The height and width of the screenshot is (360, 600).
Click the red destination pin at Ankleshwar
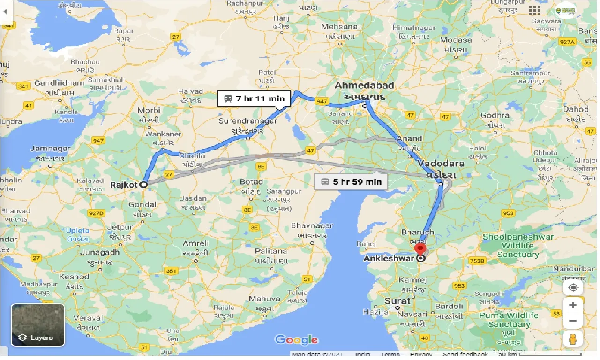tap(420, 248)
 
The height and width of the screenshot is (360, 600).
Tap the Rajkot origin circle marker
tap(143, 185)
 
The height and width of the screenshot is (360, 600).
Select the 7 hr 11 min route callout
tap(255, 99)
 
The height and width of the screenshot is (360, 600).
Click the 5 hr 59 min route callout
tap(351, 182)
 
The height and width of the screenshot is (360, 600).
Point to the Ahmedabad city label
tap(364, 86)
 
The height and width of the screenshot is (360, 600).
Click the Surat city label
tap(397, 301)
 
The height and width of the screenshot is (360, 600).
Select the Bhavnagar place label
tap(312, 226)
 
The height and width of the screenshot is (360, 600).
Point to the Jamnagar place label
tap(50, 149)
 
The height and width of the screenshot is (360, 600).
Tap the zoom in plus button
tap(573, 305)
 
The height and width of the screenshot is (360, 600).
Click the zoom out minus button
tap(573, 321)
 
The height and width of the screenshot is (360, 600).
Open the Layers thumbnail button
tap(37, 325)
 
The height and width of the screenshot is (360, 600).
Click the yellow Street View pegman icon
tap(573, 339)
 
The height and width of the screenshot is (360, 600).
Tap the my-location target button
tap(573, 287)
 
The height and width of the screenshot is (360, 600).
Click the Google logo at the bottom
tap(296, 339)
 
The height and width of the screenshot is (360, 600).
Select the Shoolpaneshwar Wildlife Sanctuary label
tap(518, 246)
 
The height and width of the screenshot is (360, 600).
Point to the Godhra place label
tap(495, 115)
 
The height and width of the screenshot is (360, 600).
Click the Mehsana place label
tap(340, 27)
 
